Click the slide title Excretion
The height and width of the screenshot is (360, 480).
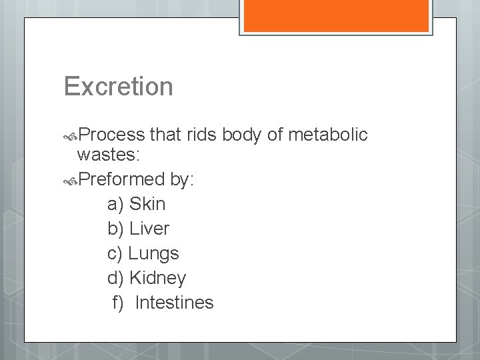point(118,87)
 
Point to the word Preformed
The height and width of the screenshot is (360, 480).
point(121,179)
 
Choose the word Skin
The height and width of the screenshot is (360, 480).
point(147,203)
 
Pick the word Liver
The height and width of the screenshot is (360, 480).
point(149,229)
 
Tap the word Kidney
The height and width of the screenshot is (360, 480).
point(158,278)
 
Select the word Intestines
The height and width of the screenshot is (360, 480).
point(174,303)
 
